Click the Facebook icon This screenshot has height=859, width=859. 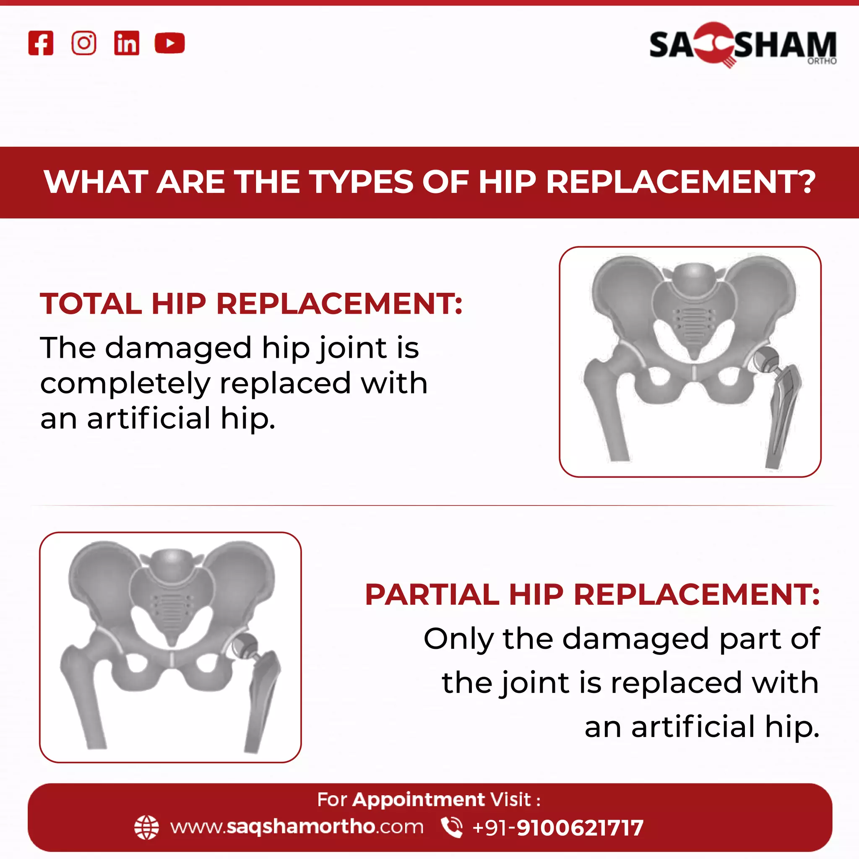tap(41, 43)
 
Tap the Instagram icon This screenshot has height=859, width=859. tap(83, 43)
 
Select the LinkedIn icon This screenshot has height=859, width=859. tap(127, 43)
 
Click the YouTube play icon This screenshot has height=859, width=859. tap(169, 43)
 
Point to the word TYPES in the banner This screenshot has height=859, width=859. tap(362, 182)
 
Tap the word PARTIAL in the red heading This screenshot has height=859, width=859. tap(432, 594)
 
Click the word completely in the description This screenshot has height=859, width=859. tap(125, 384)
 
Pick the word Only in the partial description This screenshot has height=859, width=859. tap(458, 639)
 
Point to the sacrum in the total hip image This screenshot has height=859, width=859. tap(694, 311)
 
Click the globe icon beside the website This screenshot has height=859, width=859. tap(146, 828)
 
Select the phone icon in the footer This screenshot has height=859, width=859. tap(451, 828)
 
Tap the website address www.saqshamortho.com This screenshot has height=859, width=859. tap(297, 828)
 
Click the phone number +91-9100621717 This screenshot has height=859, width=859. tap(557, 828)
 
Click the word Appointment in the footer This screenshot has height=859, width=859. tap(418, 800)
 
